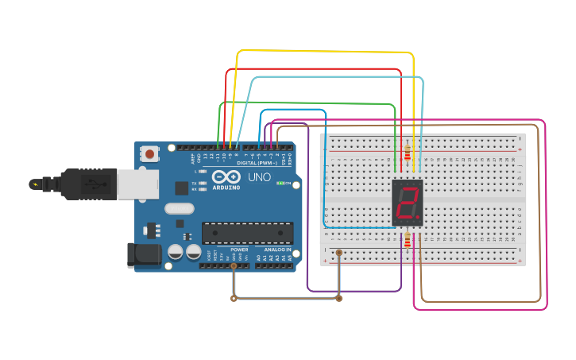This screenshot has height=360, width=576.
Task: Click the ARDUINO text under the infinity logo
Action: point(228,188)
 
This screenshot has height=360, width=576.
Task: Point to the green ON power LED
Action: point(280,183)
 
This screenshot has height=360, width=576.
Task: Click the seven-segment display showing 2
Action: point(408,203)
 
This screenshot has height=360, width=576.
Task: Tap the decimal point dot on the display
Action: point(419,219)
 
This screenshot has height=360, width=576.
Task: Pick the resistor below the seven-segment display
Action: point(408,241)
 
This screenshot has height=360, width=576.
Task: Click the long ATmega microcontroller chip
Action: point(247,232)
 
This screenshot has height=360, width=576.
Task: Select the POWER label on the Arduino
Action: point(239,250)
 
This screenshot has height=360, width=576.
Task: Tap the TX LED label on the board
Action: point(195,184)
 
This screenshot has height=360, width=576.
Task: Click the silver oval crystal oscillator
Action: point(179,209)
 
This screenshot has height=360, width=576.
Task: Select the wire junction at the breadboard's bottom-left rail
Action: point(339,253)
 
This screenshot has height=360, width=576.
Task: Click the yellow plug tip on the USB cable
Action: point(33,184)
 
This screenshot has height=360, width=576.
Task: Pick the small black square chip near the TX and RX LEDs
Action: point(181,188)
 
